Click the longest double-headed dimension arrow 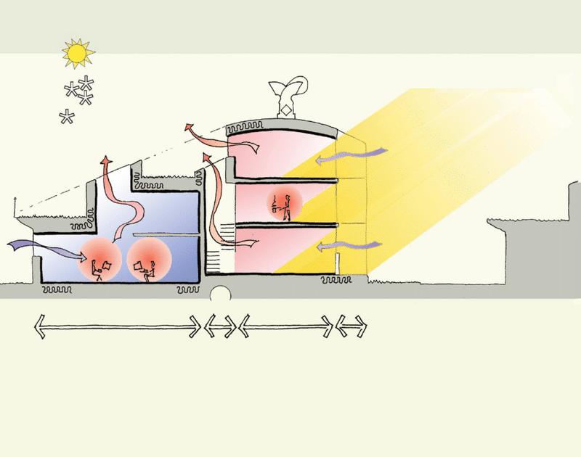coord(116,328)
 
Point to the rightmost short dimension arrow coord(352,328)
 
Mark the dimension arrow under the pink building coord(286,328)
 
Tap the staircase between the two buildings coord(214,250)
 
